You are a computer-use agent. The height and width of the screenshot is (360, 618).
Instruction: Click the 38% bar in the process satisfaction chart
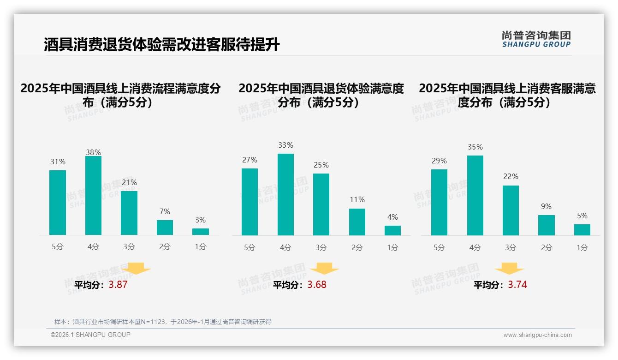[93, 196]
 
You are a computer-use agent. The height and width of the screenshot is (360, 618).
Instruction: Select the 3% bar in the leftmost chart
[201, 232]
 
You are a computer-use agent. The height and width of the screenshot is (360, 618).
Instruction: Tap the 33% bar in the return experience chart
[285, 194]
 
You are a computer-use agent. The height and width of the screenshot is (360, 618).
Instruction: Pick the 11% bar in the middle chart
[357, 222]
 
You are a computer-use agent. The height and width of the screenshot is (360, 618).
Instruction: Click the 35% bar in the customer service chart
[475, 195]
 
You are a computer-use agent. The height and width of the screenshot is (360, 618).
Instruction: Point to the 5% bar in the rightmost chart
[582, 230]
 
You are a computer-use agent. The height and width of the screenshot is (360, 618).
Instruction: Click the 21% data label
[129, 182]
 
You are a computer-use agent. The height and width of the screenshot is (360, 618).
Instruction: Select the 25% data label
[321, 165]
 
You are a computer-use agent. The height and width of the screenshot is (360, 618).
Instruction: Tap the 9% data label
[546, 206]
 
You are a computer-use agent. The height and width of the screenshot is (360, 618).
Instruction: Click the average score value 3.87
[118, 285]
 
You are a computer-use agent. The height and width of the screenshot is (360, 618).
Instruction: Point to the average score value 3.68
[317, 285]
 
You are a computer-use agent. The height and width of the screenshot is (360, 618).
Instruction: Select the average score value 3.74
[517, 285]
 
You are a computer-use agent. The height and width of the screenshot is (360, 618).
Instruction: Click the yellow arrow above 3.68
[324, 269]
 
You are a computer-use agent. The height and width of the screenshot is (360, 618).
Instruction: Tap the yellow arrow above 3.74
[509, 269]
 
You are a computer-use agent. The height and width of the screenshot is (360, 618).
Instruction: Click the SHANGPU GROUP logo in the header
[536, 39]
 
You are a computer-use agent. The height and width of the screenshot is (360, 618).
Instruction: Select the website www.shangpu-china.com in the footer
[537, 335]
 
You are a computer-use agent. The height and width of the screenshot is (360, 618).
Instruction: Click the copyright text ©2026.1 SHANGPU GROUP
[90, 335]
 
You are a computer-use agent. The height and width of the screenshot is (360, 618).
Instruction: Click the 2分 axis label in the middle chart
[357, 247]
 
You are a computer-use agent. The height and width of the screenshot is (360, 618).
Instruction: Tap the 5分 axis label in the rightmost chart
[439, 247]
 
